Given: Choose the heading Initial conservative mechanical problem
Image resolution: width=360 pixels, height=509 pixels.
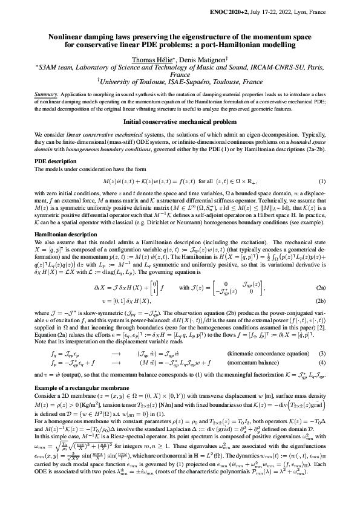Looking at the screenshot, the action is (180, 121).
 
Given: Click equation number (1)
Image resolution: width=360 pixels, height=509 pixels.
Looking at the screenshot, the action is (322, 181).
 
